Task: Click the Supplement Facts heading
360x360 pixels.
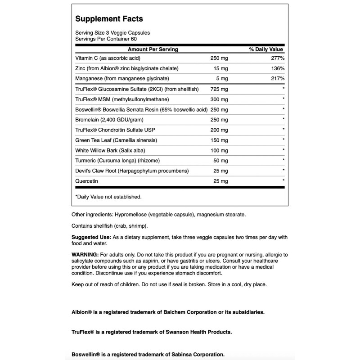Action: [x=109, y=19]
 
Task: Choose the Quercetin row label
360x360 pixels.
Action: [x=86, y=181]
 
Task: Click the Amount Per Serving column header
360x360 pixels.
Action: [x=153, y=49]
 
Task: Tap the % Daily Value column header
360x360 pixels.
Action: [x=266, y=49]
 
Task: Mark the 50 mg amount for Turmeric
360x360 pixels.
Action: [x=219, y=161]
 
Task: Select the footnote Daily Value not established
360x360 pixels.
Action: [x=108, y=197]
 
